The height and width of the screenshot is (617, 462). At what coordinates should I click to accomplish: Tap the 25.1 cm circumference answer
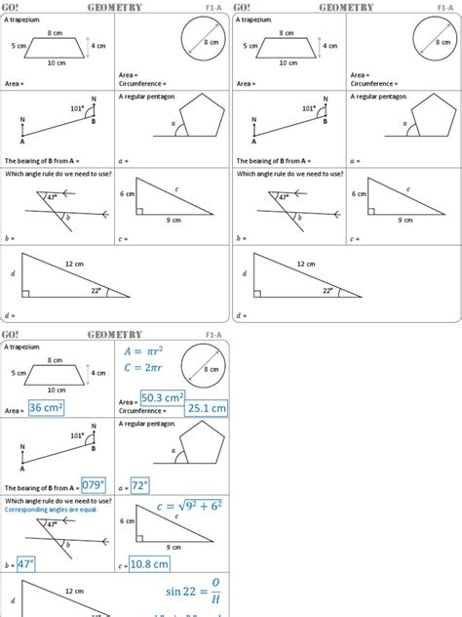click(206, 407)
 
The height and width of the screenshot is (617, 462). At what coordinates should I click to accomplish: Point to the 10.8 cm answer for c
click(151, 563)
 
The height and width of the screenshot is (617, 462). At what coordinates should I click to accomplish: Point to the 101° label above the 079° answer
click(78, 435)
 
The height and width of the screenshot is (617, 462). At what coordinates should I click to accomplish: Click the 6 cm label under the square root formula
click(127, 521)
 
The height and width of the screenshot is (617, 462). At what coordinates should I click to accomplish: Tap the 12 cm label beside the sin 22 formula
click(74, 592)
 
